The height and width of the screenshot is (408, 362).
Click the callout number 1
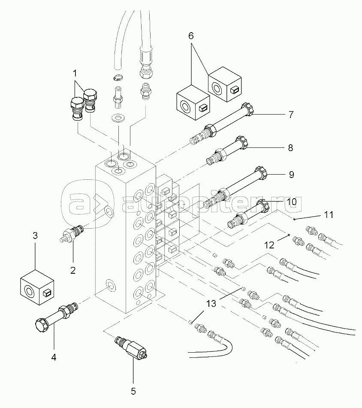coord(75,73)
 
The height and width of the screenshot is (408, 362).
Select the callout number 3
coord(35,235)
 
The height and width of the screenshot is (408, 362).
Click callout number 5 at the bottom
coord(133,391)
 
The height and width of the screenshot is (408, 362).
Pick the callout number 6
coord(191,35)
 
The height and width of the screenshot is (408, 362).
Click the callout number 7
coord(290,115)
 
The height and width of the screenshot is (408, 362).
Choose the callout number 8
coord(290,148)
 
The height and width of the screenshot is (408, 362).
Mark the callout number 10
coord(291,201)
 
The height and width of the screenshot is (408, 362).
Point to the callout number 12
coord(268,245)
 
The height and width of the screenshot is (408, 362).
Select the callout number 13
coord(211,304)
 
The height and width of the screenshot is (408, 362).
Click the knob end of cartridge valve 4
coord(40,325)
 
